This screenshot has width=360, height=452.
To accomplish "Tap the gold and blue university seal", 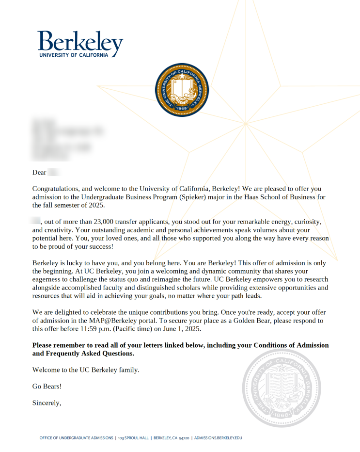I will (x=182, y=90).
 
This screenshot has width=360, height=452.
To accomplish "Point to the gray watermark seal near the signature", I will (x=282, y=388).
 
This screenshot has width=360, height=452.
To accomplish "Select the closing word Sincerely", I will (x=47, y=403).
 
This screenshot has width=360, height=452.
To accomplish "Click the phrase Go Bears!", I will (x=47, y=386).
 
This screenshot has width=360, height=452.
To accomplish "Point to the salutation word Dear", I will (x=39, y=172).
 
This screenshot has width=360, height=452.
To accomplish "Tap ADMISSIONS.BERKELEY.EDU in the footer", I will (x=218, y=438).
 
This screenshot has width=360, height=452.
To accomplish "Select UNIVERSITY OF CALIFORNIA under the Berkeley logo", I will (x=74, y=55).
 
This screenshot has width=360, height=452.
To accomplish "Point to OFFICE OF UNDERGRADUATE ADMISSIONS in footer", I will (x=77, y=438).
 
